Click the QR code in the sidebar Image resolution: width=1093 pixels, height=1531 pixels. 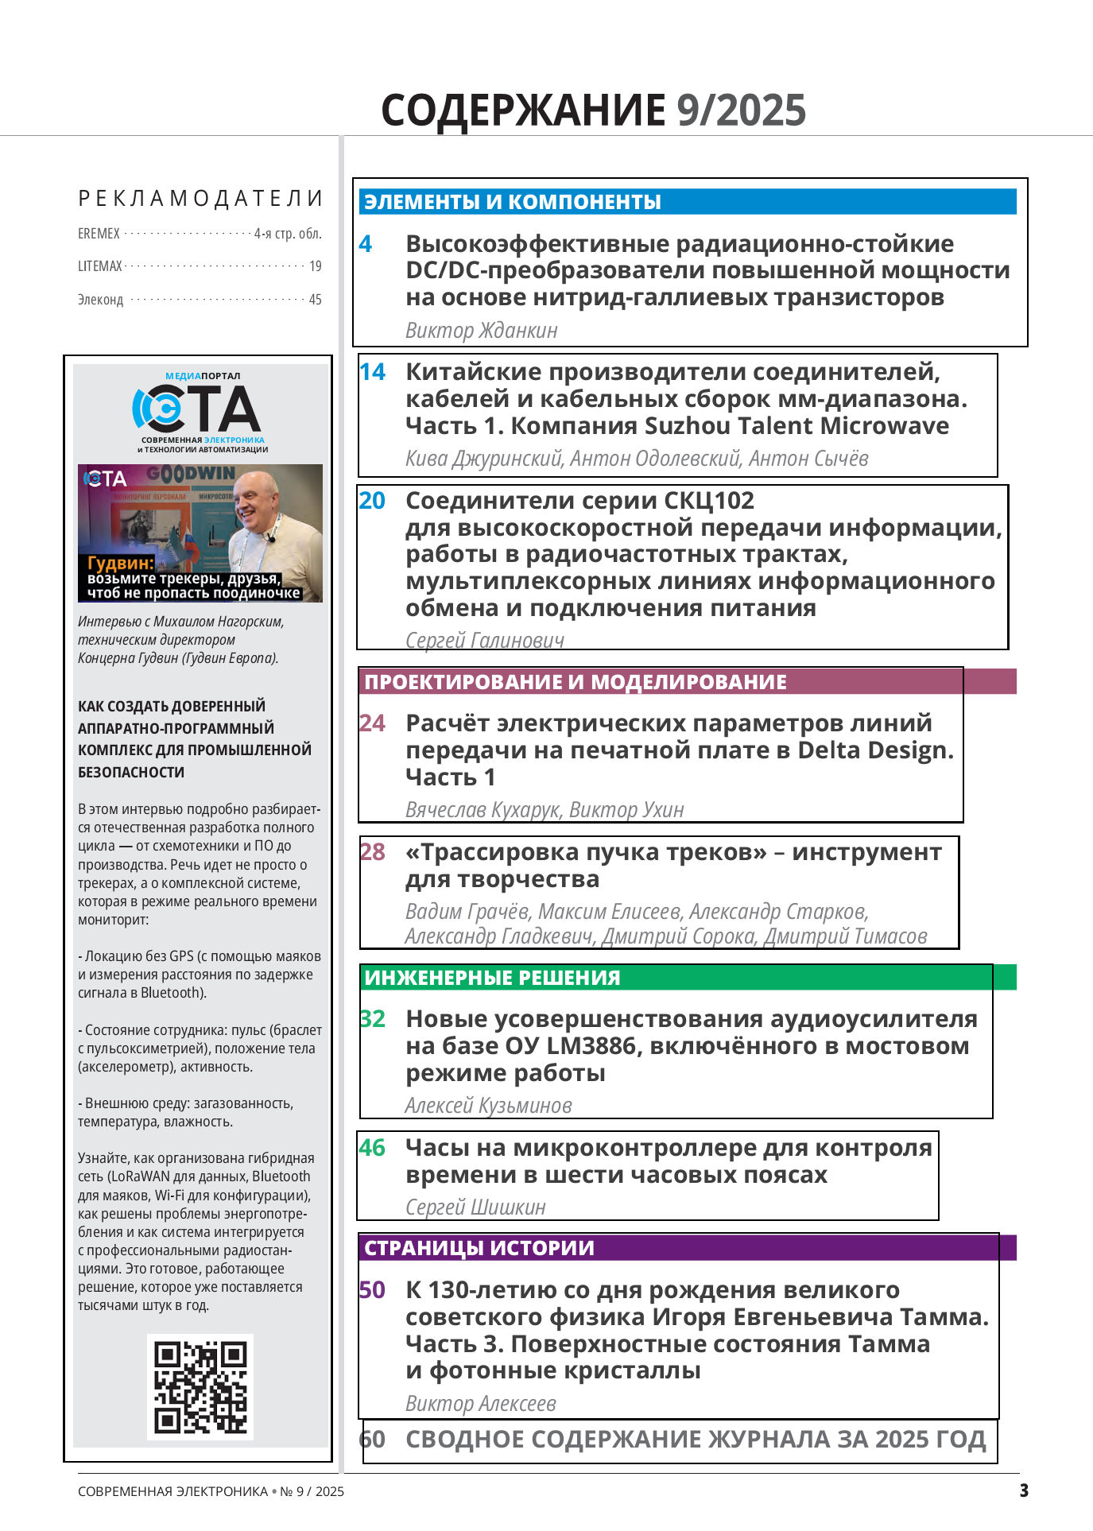point(200,1386)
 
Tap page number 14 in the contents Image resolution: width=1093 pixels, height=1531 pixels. point(372,372)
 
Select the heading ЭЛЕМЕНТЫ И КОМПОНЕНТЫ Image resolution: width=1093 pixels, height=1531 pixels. point(513,202)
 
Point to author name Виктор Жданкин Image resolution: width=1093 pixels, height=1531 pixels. point(481,331)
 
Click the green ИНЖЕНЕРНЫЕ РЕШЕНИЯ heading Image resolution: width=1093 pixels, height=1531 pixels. point(492,978)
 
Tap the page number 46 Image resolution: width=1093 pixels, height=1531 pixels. point(372,1148)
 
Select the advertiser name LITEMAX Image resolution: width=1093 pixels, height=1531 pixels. point(100,266)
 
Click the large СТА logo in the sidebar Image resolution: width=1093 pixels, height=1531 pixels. point(197,409)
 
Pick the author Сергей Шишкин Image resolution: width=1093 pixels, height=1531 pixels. point(475,1207)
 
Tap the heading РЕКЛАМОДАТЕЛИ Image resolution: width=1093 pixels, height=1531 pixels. point(200,199)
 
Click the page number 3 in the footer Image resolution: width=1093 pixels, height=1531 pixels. point(1024,1490)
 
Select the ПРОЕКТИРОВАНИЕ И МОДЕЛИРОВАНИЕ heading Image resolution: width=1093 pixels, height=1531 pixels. point(576,682)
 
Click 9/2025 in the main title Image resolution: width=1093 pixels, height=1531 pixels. point(741,110)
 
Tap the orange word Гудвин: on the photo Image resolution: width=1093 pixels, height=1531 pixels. point(120,563)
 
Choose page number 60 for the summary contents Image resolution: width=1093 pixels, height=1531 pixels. point(372,1440)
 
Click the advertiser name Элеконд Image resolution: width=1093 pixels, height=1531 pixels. point(101,300)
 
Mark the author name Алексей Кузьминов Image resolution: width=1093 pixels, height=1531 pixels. point(488,1106)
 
